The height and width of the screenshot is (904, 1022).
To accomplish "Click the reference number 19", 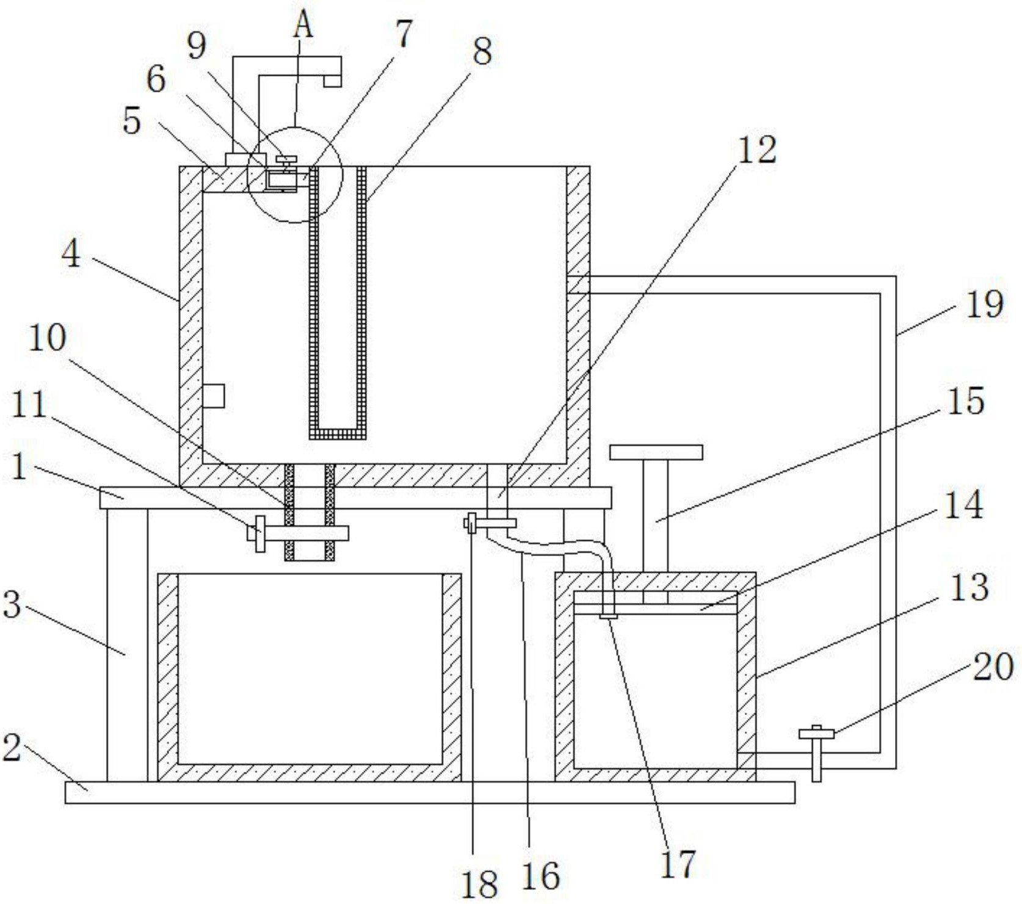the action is click(x=985, y=304).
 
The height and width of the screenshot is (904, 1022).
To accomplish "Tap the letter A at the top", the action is click(x=303, y=26).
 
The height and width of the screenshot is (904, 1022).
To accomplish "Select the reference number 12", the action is click(x=757, y=150).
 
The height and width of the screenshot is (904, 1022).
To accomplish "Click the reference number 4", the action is click(x=71, y=253).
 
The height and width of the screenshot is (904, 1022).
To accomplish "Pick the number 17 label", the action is click(x=679, y=864).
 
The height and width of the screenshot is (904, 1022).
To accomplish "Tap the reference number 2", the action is click(x=12, y=747).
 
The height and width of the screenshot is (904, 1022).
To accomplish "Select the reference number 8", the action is click(x=482, y=51).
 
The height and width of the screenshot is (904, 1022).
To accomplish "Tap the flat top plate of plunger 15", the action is click(x=656, y=452).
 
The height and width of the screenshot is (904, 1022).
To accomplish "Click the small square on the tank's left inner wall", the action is click(x=213, y=396).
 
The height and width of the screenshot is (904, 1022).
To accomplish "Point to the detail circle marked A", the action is click(x=295, y=175).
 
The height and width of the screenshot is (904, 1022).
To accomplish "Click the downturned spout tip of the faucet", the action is click(x=332, y=81).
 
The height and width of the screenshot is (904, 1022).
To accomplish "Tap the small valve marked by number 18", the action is click(x=470, y=523).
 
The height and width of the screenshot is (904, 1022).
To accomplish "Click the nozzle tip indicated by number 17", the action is click(x=608, y=615).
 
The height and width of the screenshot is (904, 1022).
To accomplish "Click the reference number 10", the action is click(x=47, y=338).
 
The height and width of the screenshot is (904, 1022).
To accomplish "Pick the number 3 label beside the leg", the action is click(x=12, y=604).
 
